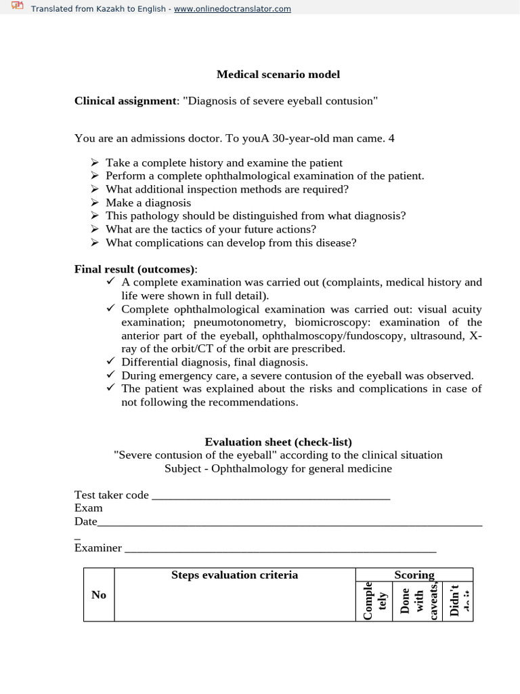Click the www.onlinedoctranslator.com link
pyautogui.click(x=232, y=9)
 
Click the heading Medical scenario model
pyautogui.click(x=278, y=74)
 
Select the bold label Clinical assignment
pyautogui.click(x=125, y=101)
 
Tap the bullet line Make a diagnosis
pyautogui.click(x=148, y=203)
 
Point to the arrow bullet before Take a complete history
pyautogui.click(x=95, y=163)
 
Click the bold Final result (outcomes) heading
pyautogui.click(x=134, y=269)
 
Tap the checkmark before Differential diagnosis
pyautogui.click(x=112, y=362)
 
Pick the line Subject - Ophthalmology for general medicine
pyautogui.click(x=278, y=468)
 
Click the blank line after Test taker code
pyautogui.click(x=271, y=497)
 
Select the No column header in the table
pyautogui.click(x=99, y=594)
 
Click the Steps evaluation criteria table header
pyautogui.click(x=234, y=575)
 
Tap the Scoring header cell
pyautogui.click(x=414, y=575)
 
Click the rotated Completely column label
pyautogui.click(x=374, y=600)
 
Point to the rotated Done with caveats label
pyautogui.click(x=417, y=600)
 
